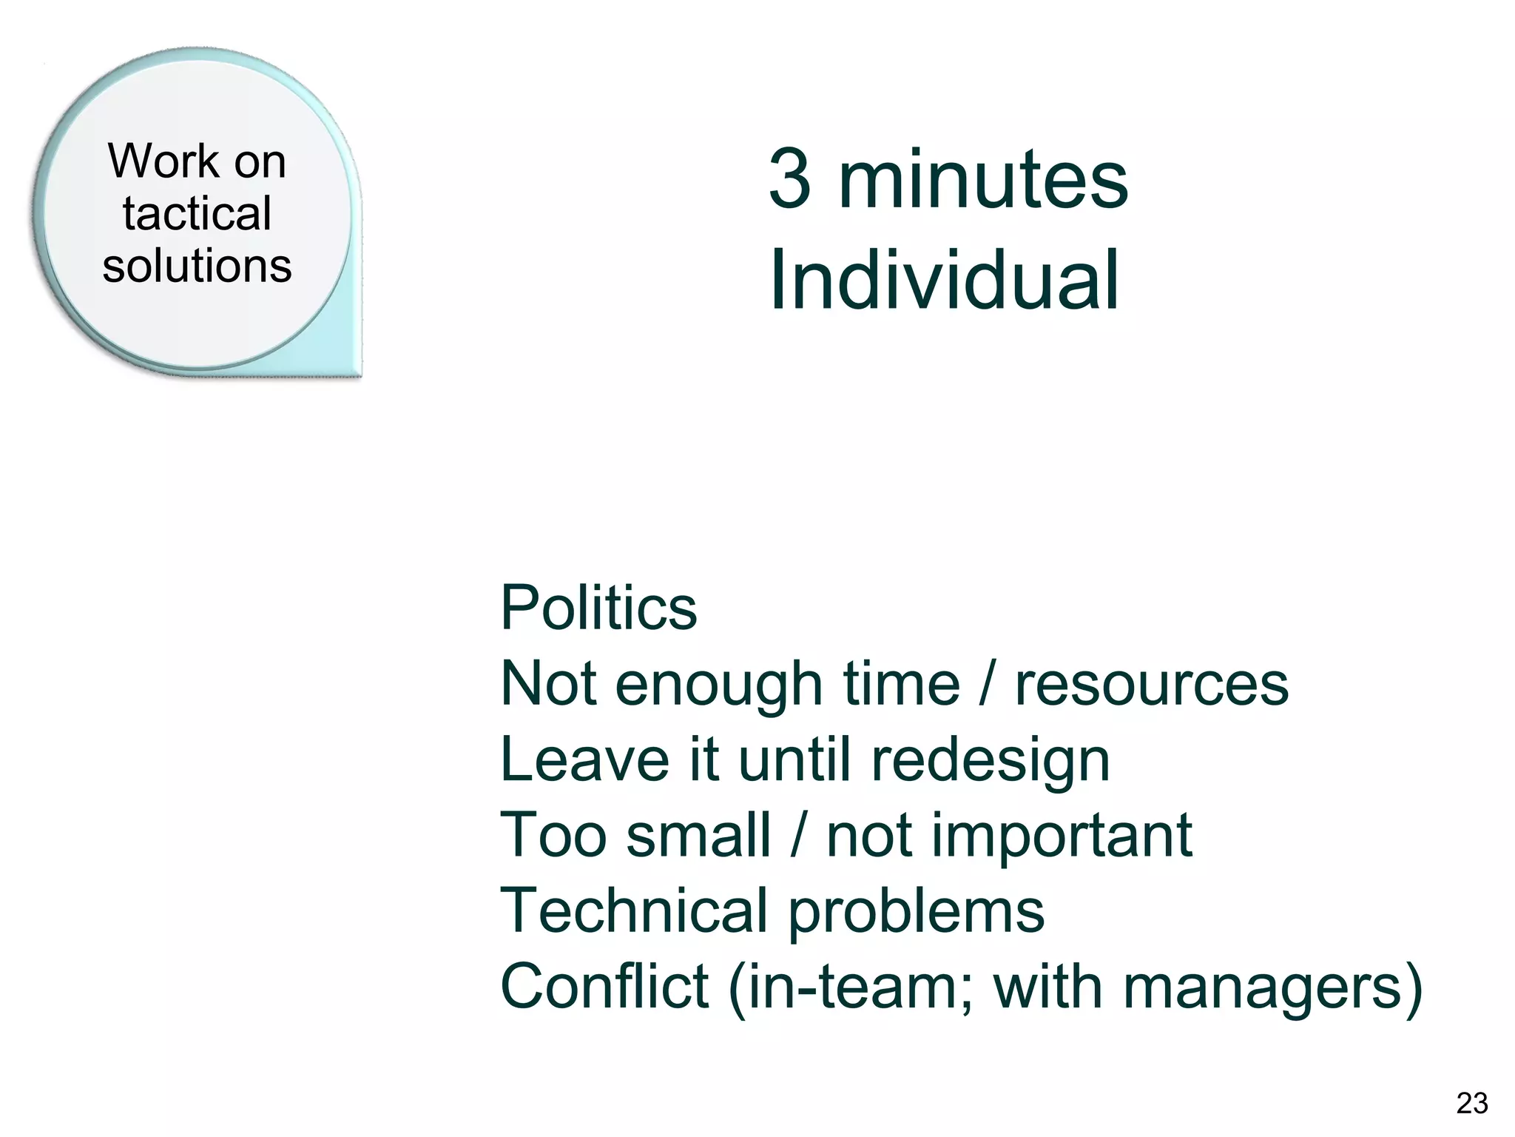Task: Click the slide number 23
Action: point(1471,1103)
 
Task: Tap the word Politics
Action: point(598,608)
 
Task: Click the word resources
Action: point(1152,685)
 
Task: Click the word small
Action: point(698,836)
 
